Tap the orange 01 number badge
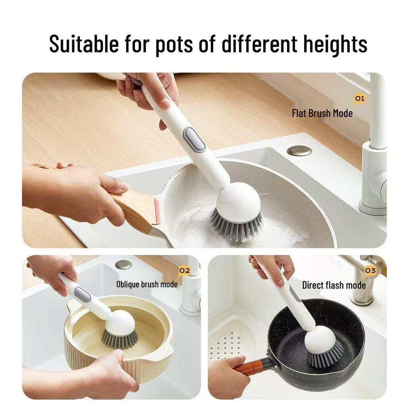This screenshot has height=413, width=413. pyautogui.click(x=359, y=98)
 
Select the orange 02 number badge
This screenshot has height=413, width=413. pyautogui.click(x=184, y=271)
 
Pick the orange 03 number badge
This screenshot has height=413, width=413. pyautogui.click(x=370, y=271)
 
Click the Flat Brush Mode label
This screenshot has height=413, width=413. pyautogui.click(x=322, y=113)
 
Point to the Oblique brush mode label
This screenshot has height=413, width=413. pyautogui.click(x=147, y=284)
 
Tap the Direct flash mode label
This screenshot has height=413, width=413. pyautogui.click(x=334, y=285)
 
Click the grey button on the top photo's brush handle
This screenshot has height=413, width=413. pyautogui.click(x=195, y=139)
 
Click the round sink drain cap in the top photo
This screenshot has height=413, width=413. pyautogui.click(x=299, y=151)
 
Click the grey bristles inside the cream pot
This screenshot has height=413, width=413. pyautogui.click(x=119, y=338)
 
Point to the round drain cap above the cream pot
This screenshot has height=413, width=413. pyautogui.click(x=123, y=265)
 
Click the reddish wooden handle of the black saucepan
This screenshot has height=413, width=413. pyautogui.click(x=250, y=367)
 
